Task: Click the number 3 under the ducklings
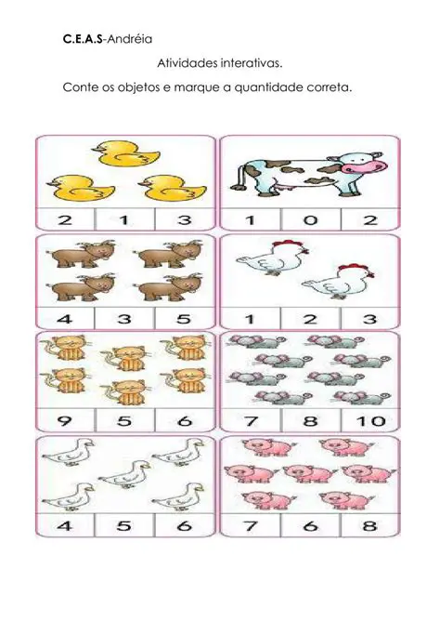tap(185, 219)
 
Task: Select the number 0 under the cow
tap(310, 219)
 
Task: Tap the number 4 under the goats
tap(65, 319)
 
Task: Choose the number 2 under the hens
tap(310, 319)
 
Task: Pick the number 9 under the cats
tap(65, 420)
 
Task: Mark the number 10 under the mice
tap(370, 420)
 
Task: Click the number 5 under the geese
tap(124, 526)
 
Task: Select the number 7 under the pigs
tap(251, 526)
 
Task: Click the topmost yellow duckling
tap(127, 153)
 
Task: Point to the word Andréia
tap(130, 39)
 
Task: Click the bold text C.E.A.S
tap(83, 39)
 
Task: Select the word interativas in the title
tap(252, 63)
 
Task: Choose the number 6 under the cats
tap(185, 420)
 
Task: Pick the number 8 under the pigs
tap(369, 526)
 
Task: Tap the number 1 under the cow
tap(251, 219)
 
